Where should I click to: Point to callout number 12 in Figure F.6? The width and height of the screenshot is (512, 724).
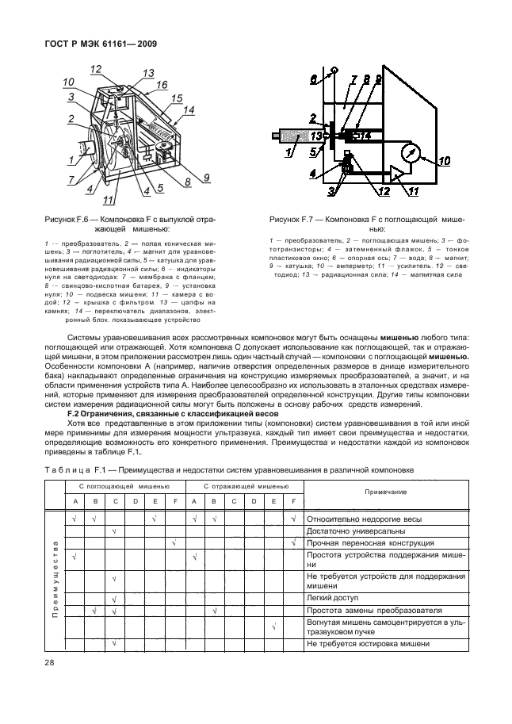tap(96, 69)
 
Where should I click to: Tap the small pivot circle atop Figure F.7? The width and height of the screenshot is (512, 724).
tap(334, 71)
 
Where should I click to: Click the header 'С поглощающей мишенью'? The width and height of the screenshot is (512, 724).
tap(124, 485)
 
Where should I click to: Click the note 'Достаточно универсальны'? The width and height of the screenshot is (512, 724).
tap(350, 531)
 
